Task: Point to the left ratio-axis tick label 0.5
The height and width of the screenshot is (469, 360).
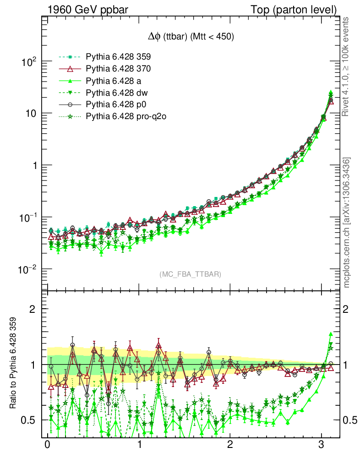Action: click(x=30, y=420)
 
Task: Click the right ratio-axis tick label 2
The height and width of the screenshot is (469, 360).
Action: click(x=347, y=309)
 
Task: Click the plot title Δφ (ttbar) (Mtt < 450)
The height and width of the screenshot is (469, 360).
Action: click(x=189, y=38)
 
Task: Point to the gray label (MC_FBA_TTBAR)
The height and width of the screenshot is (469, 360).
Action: click(x=190, y=274)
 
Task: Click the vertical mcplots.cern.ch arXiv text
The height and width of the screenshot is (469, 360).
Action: click(x=347, y=223)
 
